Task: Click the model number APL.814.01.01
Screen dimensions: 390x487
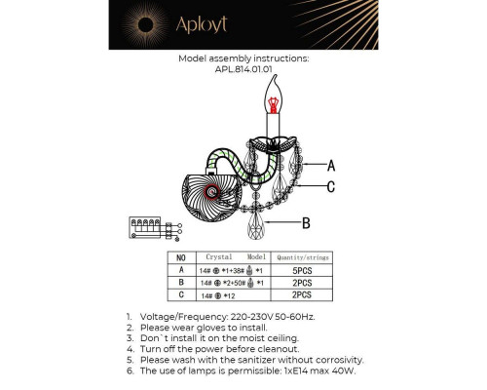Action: point(243,69)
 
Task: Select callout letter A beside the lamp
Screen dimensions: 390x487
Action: point(332,166)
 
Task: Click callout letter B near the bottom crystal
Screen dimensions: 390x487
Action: point(305,223)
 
